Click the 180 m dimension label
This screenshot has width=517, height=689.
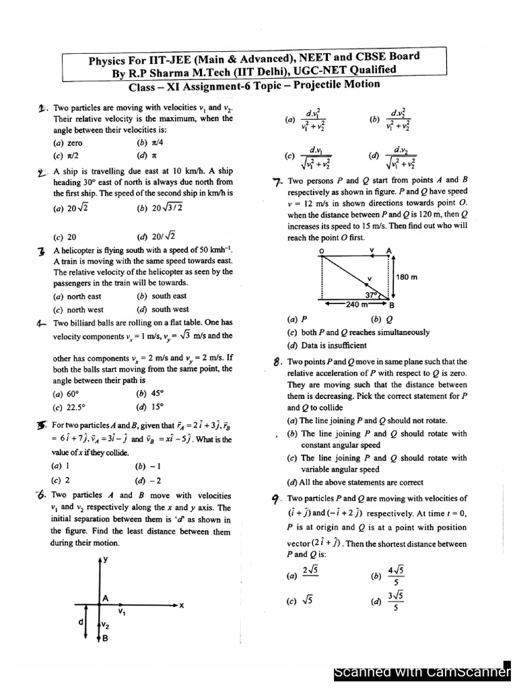pyautogui.click(x=407, y=277)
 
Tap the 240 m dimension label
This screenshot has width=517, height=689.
pyautogui.click(x=355, y=304)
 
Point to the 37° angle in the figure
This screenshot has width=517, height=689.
pyautogui.click(x=372, y=295)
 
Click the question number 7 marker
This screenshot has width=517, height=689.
pyautogui.click(x=277, y=180)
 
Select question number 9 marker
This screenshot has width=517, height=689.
pyautogui.click(x=276, y=499)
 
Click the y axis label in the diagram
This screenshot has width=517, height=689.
pyautogui.click(x=106, y=560)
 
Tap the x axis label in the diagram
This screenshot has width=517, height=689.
pyautogui.click(x=181, y=605)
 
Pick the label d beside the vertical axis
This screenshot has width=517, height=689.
pyautogui.click(x=81, y=622)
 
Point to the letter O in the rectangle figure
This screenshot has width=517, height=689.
pyautogui.click(x=321, y=250)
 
